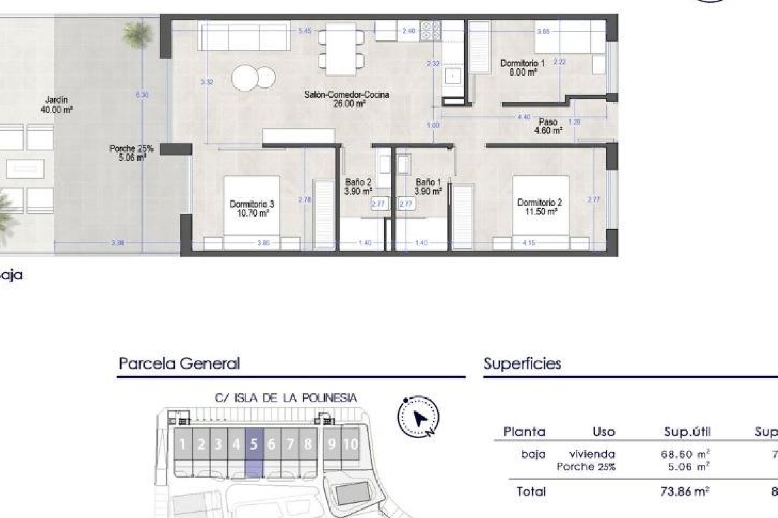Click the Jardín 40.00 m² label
(x=56, y=104)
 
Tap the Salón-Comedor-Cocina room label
(x=346, y=99)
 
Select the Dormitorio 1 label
(x=522, y=68)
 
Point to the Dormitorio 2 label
(x=539, y=207)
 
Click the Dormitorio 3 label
(x=252, y=208)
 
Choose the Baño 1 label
(x=428, y=187)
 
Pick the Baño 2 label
(x=358, y=187)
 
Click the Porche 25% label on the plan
(x=131, y=153)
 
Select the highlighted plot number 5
(x=254, y=445)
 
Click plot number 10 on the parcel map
(x=351, y=444)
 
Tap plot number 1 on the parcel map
(x=183, y=445)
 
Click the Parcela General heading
(x=179, y=363)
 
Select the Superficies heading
(x=522, y=363)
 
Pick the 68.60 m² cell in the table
(x=685, y=454)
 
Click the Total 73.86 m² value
(x=685, y=492)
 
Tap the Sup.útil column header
(x=687, y=432)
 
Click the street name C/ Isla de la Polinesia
(x=286, y=398)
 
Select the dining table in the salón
(x=341, y=49)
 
